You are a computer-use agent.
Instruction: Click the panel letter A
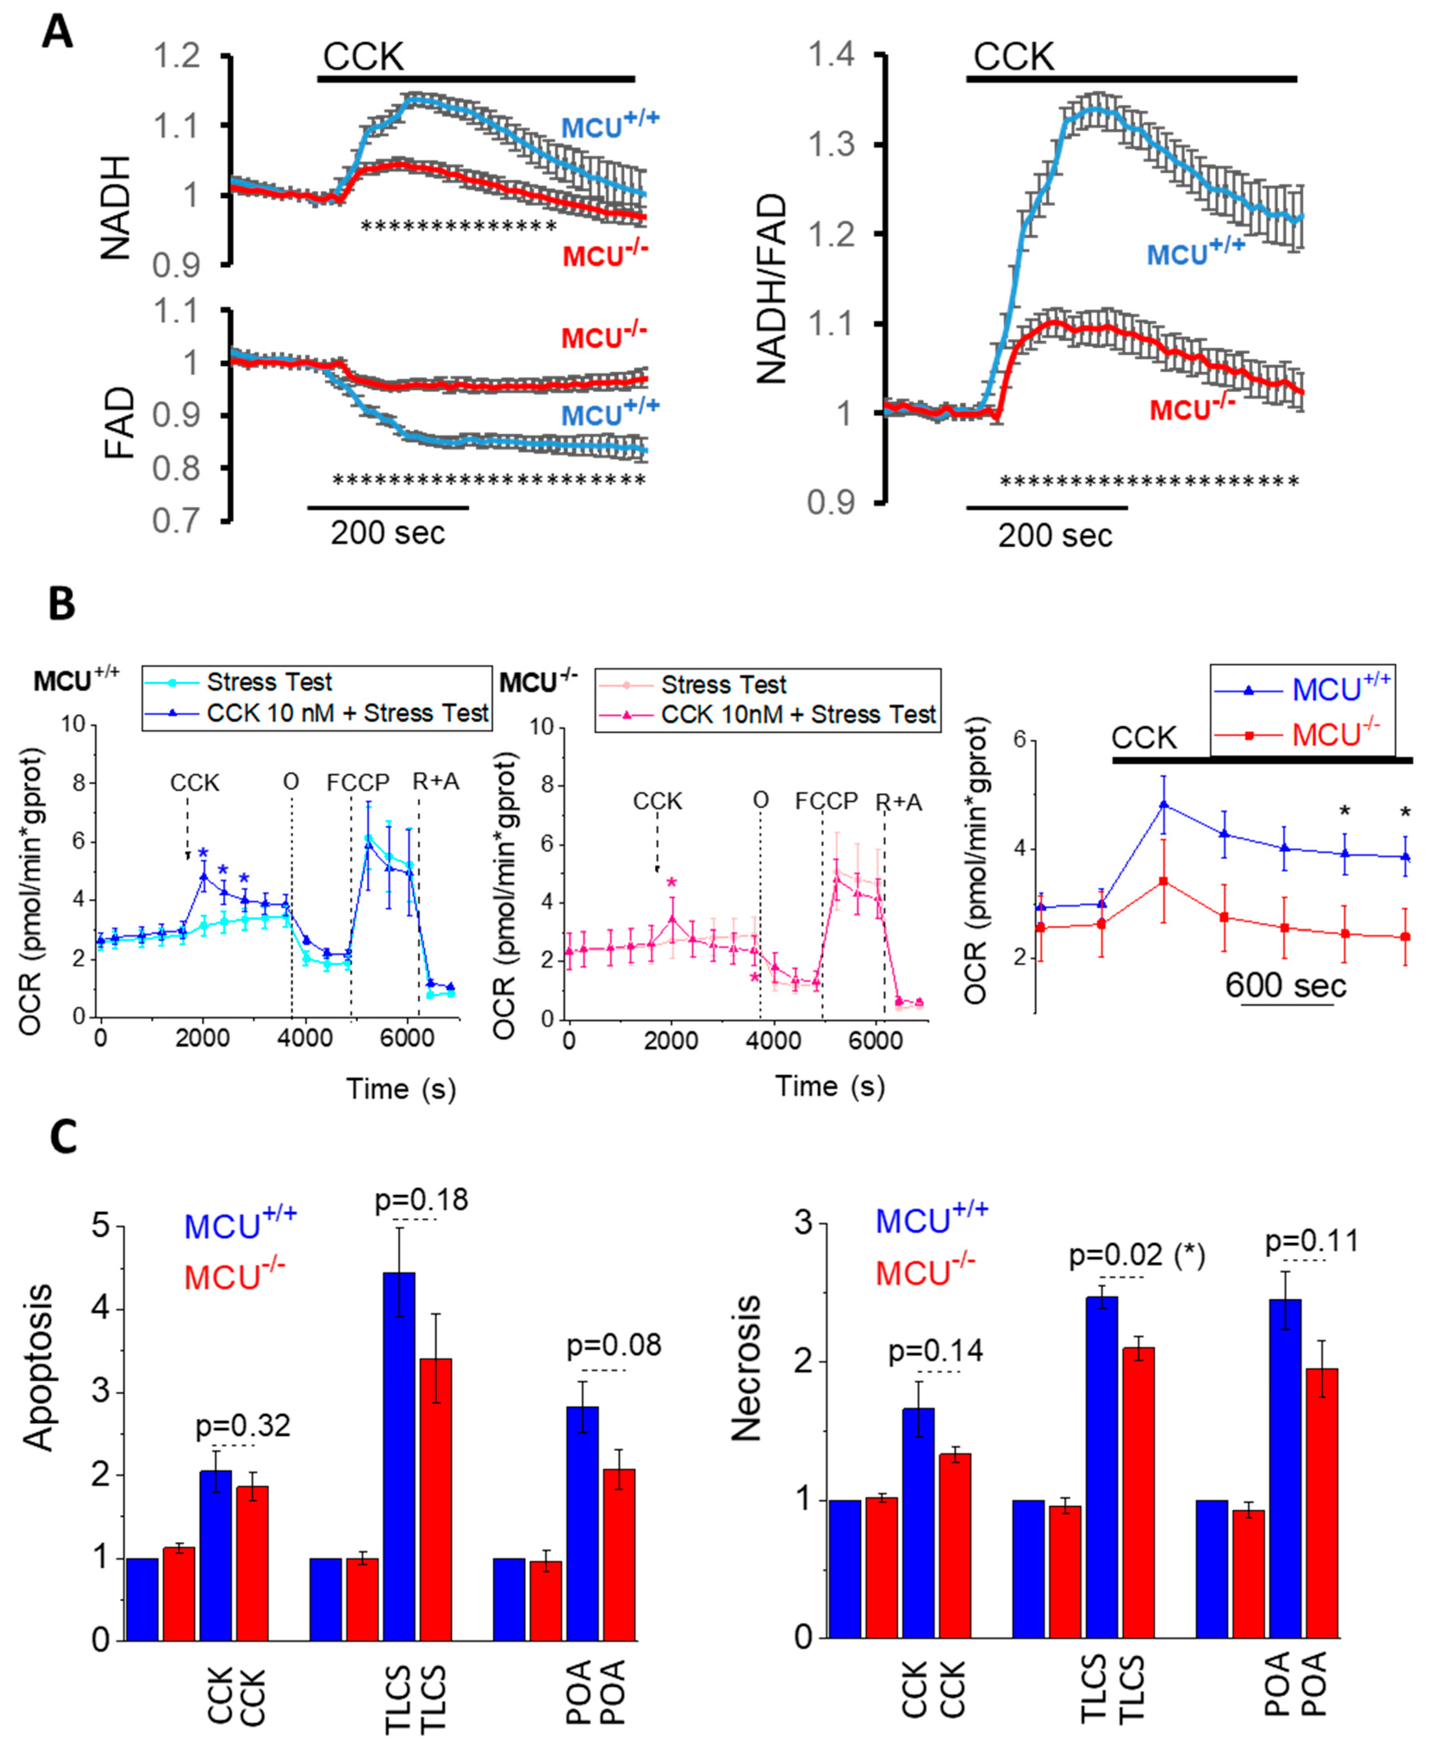tap(58, 35)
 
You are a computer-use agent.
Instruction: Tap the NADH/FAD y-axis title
tap(771, 288)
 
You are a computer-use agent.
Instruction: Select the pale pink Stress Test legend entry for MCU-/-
tap(723, 684)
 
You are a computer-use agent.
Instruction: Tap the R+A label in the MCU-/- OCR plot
tap(898, 801)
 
